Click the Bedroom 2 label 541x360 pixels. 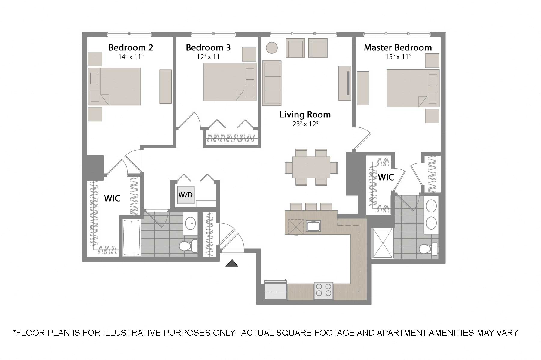tap(130, 47)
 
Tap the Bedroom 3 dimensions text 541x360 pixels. tap(208, 57)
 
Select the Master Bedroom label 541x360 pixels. tap(398, 47)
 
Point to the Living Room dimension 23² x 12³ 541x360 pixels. tap(305, 124)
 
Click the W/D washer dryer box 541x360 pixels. tap(185, 195)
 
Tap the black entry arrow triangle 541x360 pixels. tap(232, 264)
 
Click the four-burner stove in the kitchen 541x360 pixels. tap(323, 290)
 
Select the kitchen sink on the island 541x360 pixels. tap(313, 226)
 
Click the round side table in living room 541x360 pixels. tap(272, 47)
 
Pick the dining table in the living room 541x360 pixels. tap(311, 167)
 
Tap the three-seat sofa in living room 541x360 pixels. tap(272, 83)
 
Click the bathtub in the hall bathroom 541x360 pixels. tap(132, 237)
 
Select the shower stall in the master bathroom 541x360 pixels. tap(383, 243)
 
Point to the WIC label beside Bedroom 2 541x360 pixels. tap(112, 198)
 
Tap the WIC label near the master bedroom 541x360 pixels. tap(386, 177)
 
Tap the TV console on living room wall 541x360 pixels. tap(344, 83)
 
